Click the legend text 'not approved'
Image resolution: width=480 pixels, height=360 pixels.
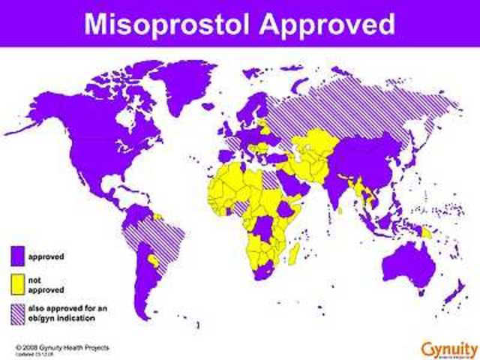point(43,284)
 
